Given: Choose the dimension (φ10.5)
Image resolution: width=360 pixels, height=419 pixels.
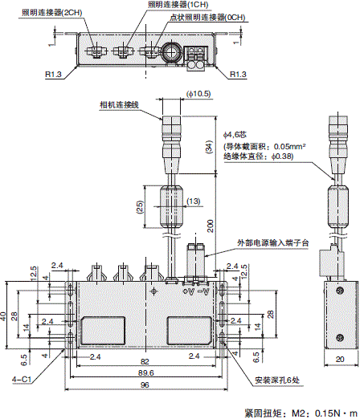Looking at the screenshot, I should [x=197, y=94].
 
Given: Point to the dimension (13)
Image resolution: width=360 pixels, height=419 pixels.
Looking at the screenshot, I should [x=194, y=201].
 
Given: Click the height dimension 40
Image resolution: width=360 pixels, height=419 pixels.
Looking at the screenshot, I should [x=6, y=316].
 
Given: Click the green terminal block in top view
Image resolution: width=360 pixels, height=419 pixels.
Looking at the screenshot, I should [x=195, y=52].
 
